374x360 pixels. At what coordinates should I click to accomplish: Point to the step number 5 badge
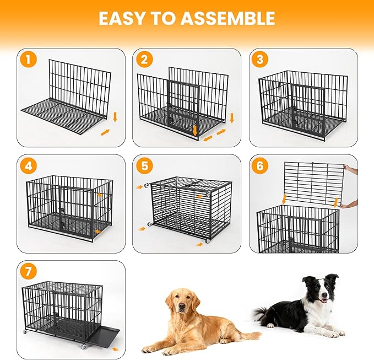pyautogui.click(x=144, y=165)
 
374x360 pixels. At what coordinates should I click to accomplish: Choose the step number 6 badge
pyautogui.click(x=259, y=165)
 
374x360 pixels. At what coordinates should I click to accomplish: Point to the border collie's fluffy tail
pyautogui.click(x=262, y=314)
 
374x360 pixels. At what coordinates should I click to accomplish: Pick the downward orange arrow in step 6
pyautogui.click(x=284, y=198)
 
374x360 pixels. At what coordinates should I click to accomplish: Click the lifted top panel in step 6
pyautogui.click(x=314, y=182)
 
